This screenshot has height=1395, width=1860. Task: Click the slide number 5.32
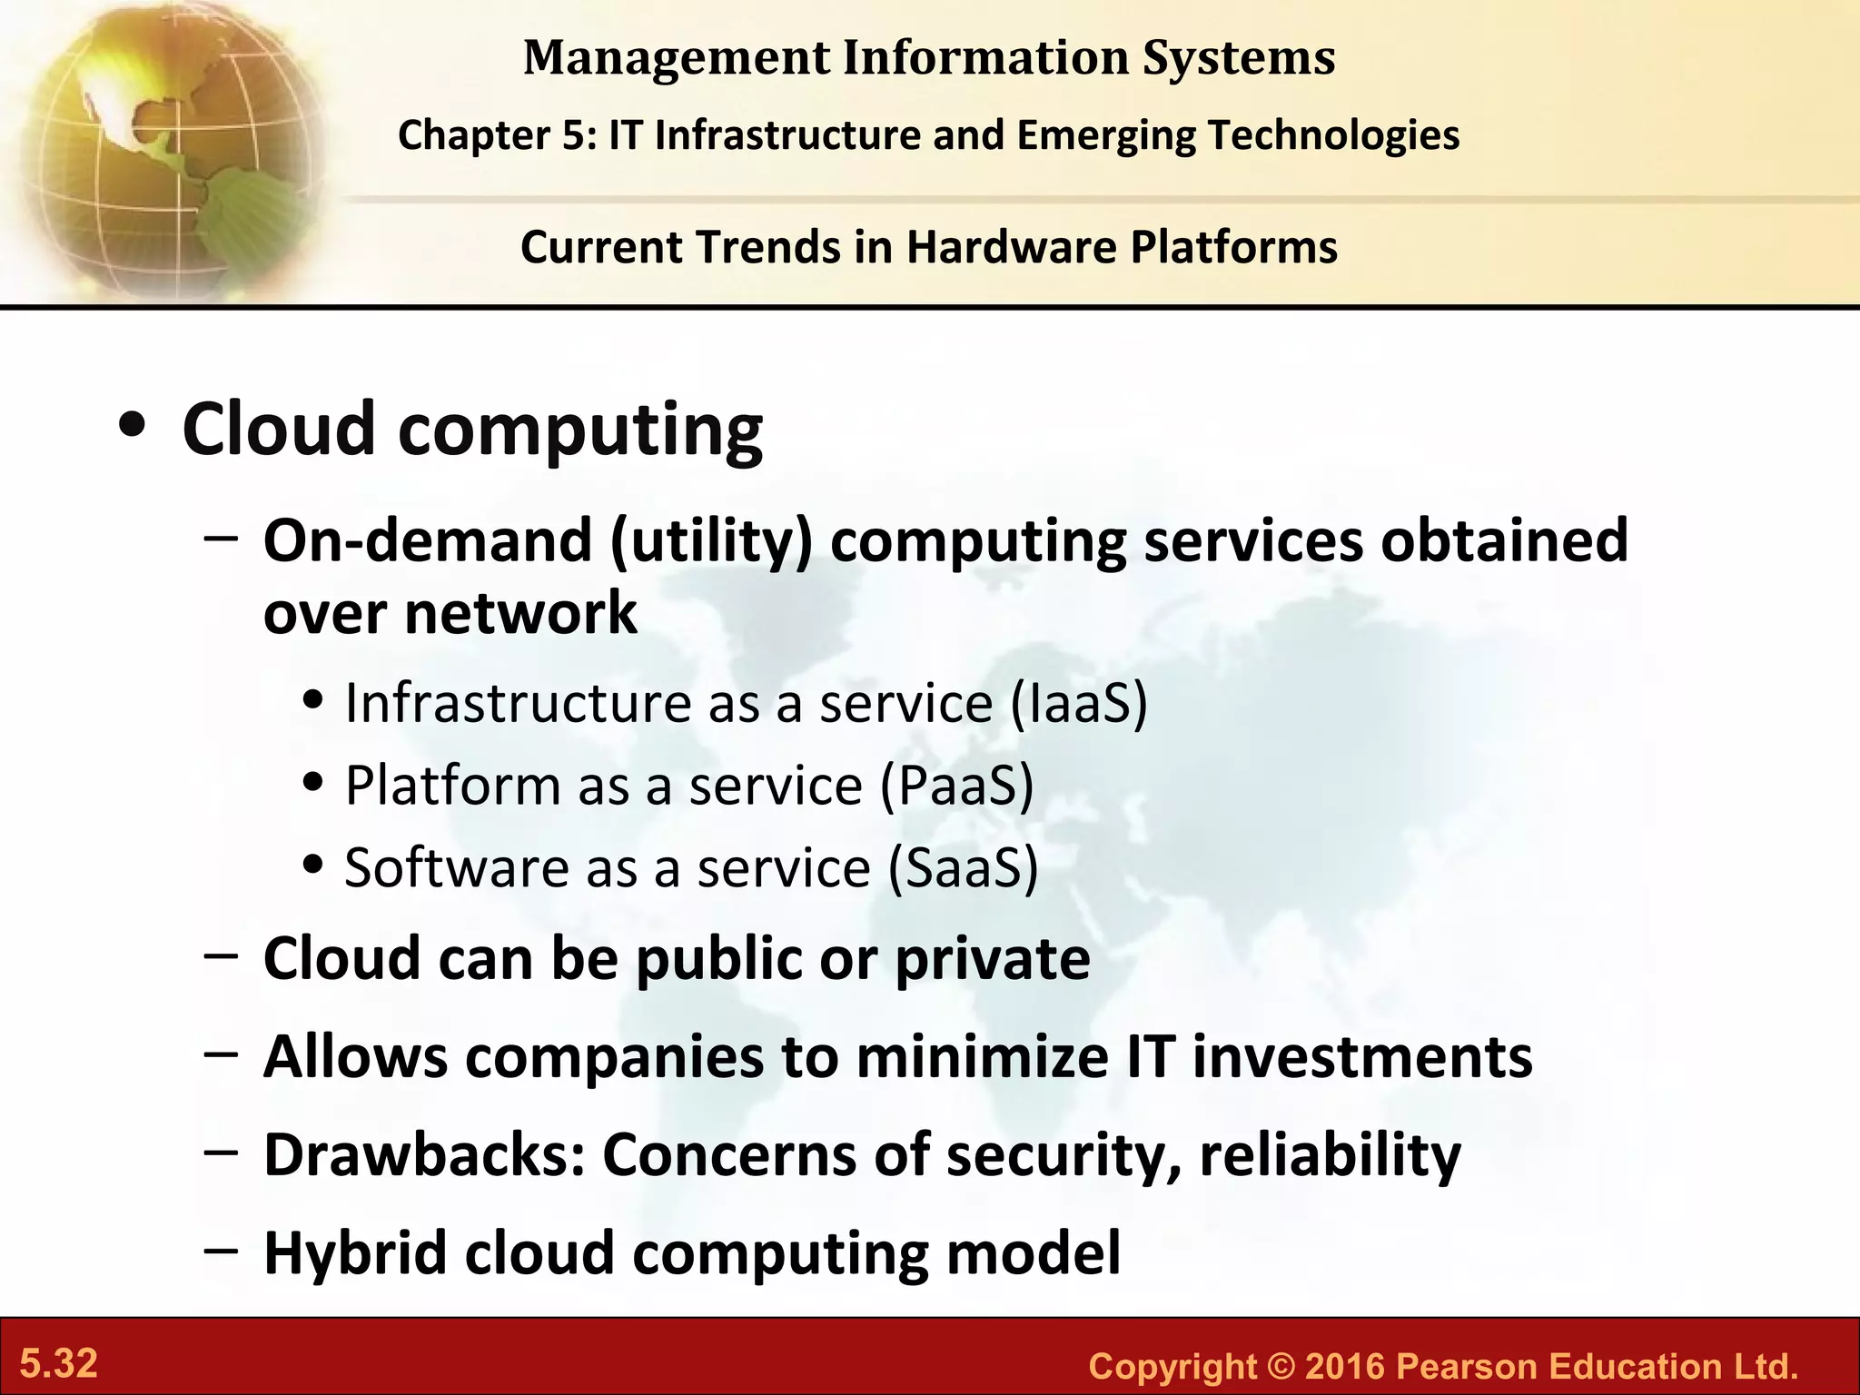tap(59, 1364)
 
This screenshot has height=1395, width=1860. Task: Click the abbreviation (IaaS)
tap(1078, 704)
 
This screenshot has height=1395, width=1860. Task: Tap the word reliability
tap(1330, 1155)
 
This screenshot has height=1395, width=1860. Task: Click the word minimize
tap(982, 1057)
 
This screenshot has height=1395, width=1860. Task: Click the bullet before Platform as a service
tap(313, 783)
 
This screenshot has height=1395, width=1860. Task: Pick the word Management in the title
tap(677, 57)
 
